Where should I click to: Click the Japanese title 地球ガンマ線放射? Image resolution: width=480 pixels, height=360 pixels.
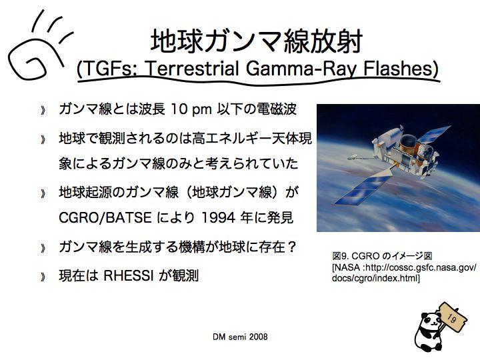[257, 41]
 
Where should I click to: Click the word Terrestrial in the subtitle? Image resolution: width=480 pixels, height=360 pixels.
[193, 68]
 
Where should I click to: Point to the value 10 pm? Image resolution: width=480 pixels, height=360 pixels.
[191, 109]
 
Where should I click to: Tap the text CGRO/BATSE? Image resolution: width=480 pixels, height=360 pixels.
[105, 217]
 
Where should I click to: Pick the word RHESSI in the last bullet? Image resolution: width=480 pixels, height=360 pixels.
[128, 275]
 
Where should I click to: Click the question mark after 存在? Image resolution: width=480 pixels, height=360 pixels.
[292, 247]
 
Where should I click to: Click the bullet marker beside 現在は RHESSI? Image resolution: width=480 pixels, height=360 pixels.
[43, 277]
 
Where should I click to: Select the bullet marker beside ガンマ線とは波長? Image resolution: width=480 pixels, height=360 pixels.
[43, 110]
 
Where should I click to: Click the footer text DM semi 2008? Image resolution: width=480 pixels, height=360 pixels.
[240, 337]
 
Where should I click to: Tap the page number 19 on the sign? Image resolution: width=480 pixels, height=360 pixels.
[451, 318]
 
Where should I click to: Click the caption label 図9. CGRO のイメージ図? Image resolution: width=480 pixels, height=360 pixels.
[382, 256]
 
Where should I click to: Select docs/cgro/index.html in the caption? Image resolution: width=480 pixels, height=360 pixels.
[376, 278]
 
